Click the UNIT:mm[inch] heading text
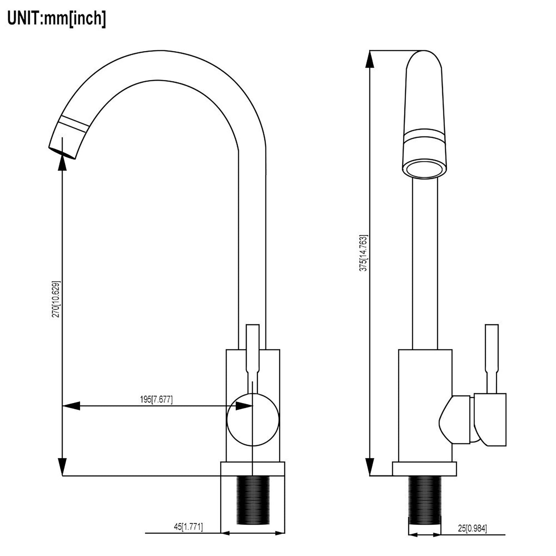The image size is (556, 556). pos(57,18)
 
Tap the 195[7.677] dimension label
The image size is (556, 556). pos(156,400)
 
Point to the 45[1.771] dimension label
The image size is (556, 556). pos(189,526)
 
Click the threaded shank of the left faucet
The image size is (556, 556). pos(252,499)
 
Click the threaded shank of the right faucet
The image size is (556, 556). pos(424,499)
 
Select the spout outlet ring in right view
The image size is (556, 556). pos(424,170)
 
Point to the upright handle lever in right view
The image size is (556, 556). pos(492,358)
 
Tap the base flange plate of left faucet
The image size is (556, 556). pos(252,469)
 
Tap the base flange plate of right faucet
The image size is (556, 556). pos(424,469)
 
